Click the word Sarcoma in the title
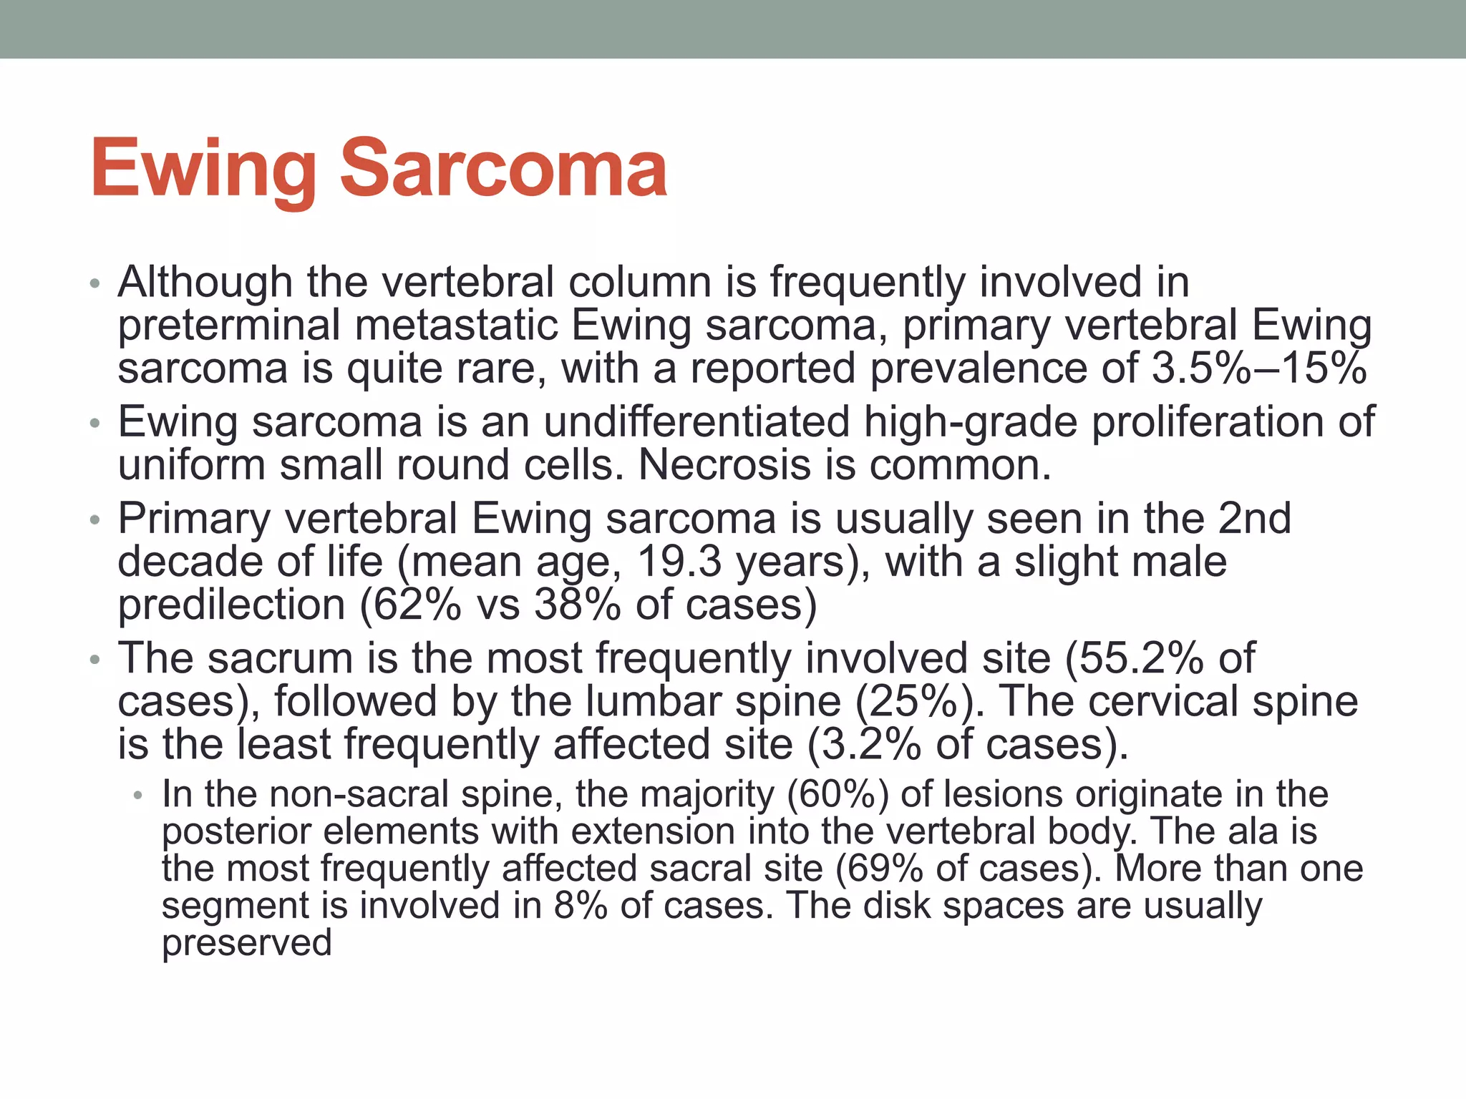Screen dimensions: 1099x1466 (x=503, y=170)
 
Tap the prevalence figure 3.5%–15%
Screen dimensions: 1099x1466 (x=1259, y=368)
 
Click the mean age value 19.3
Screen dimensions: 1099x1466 (x=679, y=562)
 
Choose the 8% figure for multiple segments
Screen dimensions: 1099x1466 (x=581, y=906)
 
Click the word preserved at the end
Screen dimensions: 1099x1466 (x=247, y=943)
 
